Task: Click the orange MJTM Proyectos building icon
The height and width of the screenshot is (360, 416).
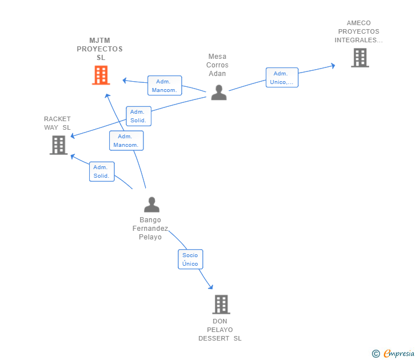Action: [101, 75]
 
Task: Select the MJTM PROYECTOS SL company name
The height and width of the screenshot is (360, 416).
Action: [100, 49]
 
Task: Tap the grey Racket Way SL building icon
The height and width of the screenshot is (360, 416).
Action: [58, 145]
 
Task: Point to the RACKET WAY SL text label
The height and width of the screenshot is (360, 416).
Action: [57, 123]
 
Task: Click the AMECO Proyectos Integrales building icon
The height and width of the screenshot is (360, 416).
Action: [359, 58]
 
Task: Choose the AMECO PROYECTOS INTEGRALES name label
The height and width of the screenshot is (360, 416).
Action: [358, 31]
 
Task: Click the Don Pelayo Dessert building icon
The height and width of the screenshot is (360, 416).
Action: [221, 305]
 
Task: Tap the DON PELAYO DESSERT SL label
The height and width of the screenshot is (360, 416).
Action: [220, 330]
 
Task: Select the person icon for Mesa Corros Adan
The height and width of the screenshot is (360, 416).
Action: [218, 92]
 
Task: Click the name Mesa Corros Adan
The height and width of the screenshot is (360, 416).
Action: [217, 65]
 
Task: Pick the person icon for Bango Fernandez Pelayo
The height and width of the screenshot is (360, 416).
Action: [151, 204]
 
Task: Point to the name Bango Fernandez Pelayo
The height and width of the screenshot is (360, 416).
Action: [150, 229]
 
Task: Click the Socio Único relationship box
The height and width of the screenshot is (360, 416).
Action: [190, 259]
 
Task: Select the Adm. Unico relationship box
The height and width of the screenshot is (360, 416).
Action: [282, 78]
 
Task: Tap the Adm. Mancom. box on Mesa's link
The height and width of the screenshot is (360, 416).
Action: [165, 86]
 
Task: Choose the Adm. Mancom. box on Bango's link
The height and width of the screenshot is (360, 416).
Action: [126, 141]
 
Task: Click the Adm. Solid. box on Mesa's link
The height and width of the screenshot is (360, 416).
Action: [138, 116]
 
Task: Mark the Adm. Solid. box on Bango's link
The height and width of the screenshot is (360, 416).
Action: [102, 171]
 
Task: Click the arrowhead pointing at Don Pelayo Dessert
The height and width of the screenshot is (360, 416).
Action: [210, 287]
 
